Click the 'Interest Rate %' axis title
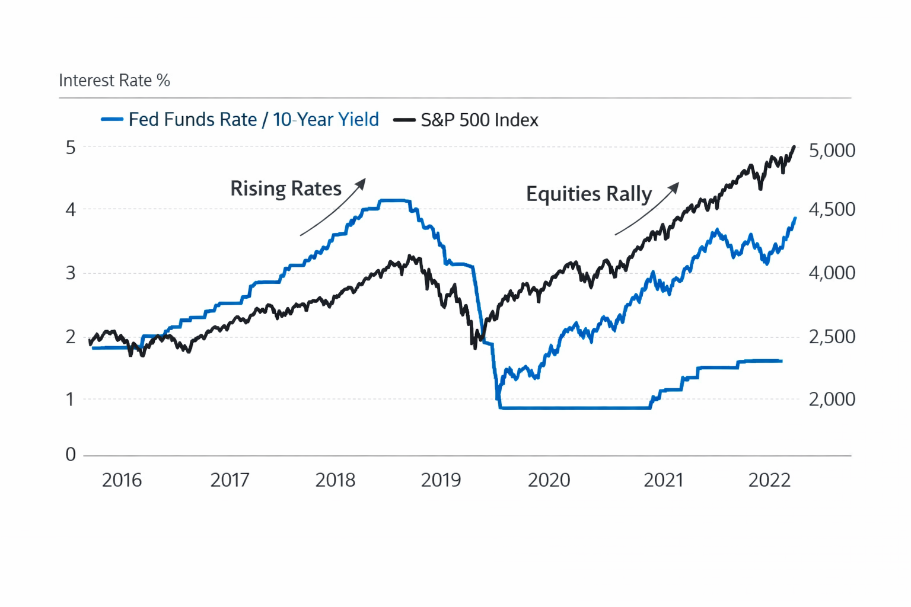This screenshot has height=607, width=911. (114, 81)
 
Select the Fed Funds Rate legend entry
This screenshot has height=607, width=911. (253, 120)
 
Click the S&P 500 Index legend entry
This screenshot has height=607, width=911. (479, 120)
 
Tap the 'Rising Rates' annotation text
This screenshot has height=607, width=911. (285, 189)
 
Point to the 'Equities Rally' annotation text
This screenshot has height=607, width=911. (588, 194)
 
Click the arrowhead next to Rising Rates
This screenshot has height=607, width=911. (361, 184)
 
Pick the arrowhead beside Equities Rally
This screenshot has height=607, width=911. (674, 188)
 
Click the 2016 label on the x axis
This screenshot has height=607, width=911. (122, 480)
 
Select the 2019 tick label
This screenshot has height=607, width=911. (441, 480)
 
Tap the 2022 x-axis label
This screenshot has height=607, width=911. (769, 480)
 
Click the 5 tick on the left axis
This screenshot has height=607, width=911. (71, 148)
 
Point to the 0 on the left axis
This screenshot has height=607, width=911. (71, 455)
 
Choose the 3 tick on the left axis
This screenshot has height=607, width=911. (71, 273)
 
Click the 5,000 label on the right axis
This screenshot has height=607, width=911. (832, 151)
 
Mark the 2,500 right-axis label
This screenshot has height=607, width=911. (832, 337)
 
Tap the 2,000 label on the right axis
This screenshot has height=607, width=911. (832, 400)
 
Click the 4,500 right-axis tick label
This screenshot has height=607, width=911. (832, 210)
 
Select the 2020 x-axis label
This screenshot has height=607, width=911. (549, 480)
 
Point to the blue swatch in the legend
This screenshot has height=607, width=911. (112, 120)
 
